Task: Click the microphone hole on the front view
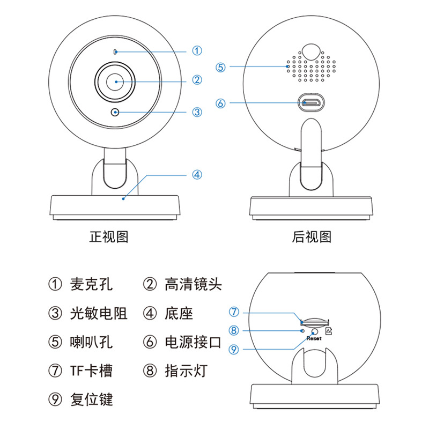pyautogui.click(x=115, y=51)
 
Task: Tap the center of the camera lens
pyautogui.click(x=115, y=82)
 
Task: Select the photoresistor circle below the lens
pyautogui.click(x=115, y=112)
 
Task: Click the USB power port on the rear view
pyautogui.click(x=311, y=102)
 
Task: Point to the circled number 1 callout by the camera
pyautogui.click(x=197, y=51)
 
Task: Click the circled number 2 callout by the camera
pyautogui.click(x=197, y=80)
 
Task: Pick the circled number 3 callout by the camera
pyautogui.click(x=197, y=112)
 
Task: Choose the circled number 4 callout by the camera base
pyautogui.click(x=197, y=175)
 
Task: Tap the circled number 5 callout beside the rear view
pyautogui.click(x=221, y=68)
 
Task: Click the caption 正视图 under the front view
pyautogui.click(x=109, y=236)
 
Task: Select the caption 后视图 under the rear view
pyautogui.click(x=312, y=236)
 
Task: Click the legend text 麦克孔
pyautogui.click(x=91, y=284)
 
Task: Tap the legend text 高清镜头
pyautogui.click(x=193, y=284)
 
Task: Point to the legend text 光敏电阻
pyautogui.click(x=99, y=313)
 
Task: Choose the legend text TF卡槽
pyautogui.click(x=91, y=371)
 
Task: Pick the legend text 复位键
pyautogui.click(x=91, y=400)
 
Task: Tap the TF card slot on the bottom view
pyautogui.click(x=314, y=323)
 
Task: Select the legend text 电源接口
pyautogui.click(x=193, y=342)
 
